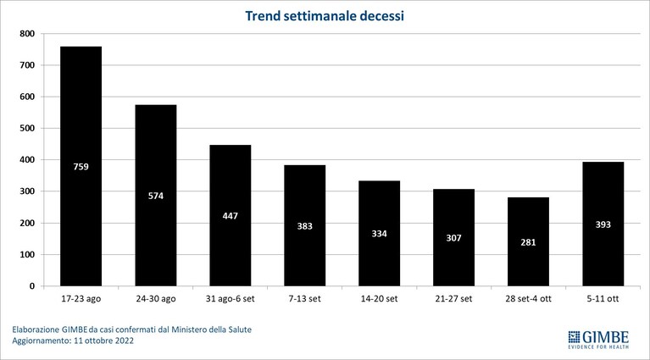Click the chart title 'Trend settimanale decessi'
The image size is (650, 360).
pyautogui.click(x=325, y=16)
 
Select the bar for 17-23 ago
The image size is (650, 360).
pyautogui.click(x=81, y=166)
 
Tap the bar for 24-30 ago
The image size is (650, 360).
pyautogui.click(x=156, y=195)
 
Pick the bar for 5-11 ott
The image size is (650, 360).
pyautogui.click(x=603, y=224)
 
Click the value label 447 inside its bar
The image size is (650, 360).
pyautogui.click(x=230, y=216)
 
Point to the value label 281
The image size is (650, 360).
pyautogui.click(x=528, y=242)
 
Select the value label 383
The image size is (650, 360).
pyautogui.click(x=305, y=226)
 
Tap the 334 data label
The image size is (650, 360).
pyautogui.click(x=380, y=234)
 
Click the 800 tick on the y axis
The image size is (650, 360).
pyautogui.click(x=27, y=34)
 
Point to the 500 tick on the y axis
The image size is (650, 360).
pyautogui.click(x=27, y=128)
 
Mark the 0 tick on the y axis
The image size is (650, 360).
pyautogui.click(x=32, y=285)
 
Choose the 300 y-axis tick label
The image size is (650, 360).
pyautogui.click(x=27, y=191)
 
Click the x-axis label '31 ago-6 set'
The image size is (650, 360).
pyautogui.click(x=230, y=299)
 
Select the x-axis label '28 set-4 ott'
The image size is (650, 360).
pyautogui.click(x=528, y=299)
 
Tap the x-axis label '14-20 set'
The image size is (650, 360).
pyautogui.click(x=380, y=299)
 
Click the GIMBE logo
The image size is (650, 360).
pyautogui.click(x=598, y=340)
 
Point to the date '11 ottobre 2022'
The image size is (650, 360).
pyautogui.click(x=104, y=341)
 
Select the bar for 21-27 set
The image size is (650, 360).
pyautogui.click(x=454, y=237)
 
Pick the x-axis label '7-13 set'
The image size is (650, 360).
pyautogui.click(x=305, y=299)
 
